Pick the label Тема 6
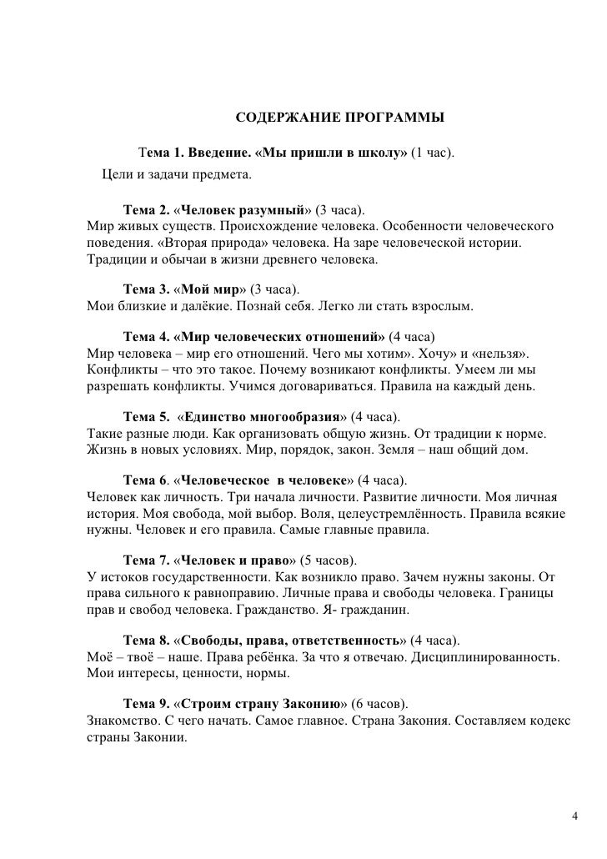(146, 481)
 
